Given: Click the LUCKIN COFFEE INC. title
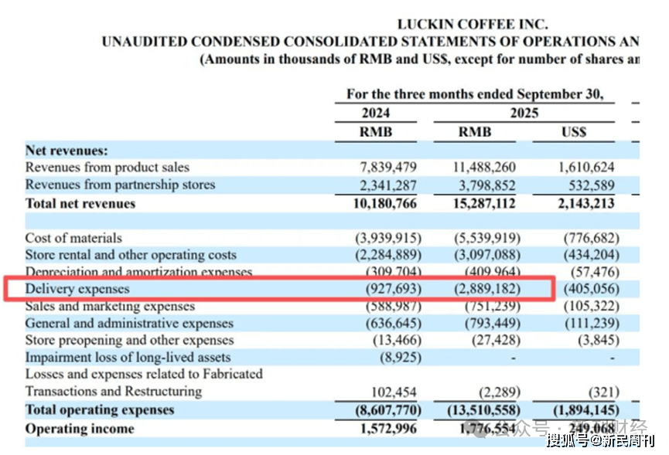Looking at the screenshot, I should pos(473,24).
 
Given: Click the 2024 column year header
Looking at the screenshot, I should pos(376,113).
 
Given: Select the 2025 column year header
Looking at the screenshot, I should pos(524,113).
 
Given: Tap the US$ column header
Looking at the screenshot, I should pos(573,132).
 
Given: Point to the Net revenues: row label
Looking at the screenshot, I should pos(67,151).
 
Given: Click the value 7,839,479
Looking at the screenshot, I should pos(389,168).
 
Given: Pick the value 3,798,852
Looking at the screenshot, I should pos(486,185).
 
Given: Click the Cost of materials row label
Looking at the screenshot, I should pos(73,238).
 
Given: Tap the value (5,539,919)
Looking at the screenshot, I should pos(486,238).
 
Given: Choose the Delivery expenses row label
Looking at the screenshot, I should pos(77,289).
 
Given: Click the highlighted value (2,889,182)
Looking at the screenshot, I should pos(486,289).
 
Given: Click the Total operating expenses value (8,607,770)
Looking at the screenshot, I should pos(389,410).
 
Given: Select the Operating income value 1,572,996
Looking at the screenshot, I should pos(389,429).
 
